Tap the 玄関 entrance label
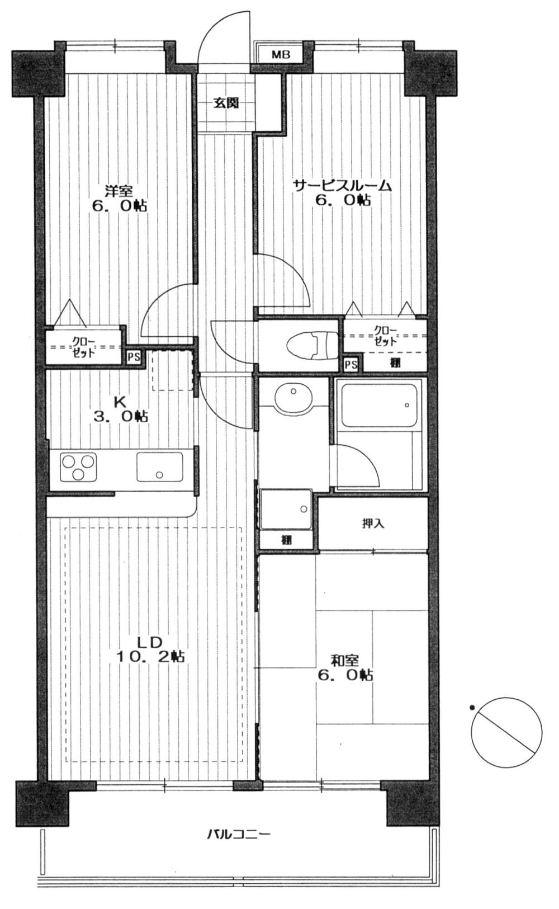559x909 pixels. (226, 103)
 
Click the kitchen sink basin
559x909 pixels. (160, 467)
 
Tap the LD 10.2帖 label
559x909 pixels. (151, 648)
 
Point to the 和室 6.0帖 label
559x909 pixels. (344, 667)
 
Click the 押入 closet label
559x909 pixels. (373, 524)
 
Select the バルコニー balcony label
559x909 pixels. (239, 835)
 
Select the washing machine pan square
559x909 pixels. (286, 509)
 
